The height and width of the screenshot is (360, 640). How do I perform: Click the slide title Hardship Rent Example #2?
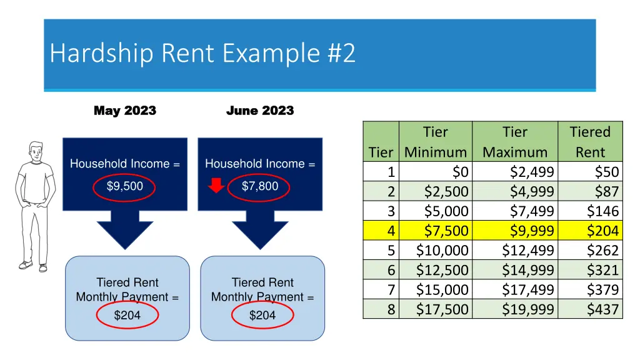(202, 54)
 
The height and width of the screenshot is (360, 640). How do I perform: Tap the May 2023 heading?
(125, 111)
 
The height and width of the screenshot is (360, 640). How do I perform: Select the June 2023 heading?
(260, 111)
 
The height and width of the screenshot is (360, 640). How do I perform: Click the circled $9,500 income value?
(125, 186)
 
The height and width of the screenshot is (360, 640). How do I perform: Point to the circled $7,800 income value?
(260, 186)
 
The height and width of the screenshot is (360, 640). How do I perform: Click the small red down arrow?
(216, 186)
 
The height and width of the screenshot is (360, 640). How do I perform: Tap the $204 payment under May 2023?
(127, 316)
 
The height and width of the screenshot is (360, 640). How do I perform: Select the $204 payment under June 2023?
(262, 316)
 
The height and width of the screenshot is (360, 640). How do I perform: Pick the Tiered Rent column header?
(590, 142)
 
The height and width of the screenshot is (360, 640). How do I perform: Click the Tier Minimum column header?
(436, 142)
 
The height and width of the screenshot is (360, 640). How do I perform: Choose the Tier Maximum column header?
(515, 142)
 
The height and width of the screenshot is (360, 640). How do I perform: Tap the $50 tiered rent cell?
(606, 172)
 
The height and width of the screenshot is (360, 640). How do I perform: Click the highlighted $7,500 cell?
(446, 231)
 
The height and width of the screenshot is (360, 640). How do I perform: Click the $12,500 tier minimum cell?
(442, 270)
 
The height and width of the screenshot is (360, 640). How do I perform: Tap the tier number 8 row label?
(391, 309)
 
